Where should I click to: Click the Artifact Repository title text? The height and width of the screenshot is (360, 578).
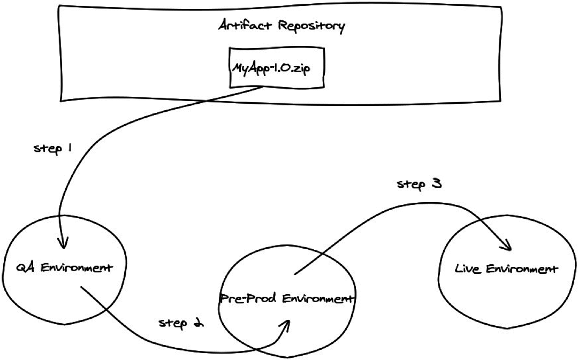[281, 26]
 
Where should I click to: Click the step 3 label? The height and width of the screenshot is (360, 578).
[419, 185]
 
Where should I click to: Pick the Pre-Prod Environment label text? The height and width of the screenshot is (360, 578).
[287, 298]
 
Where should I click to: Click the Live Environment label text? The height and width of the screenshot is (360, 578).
[506, 269]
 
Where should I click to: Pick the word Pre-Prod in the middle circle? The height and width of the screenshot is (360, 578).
[240, 298]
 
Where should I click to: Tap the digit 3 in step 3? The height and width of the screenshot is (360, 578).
[436, 185]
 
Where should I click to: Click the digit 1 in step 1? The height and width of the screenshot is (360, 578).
[70, 148]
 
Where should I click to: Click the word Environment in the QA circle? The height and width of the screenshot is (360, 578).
[77, 267]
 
